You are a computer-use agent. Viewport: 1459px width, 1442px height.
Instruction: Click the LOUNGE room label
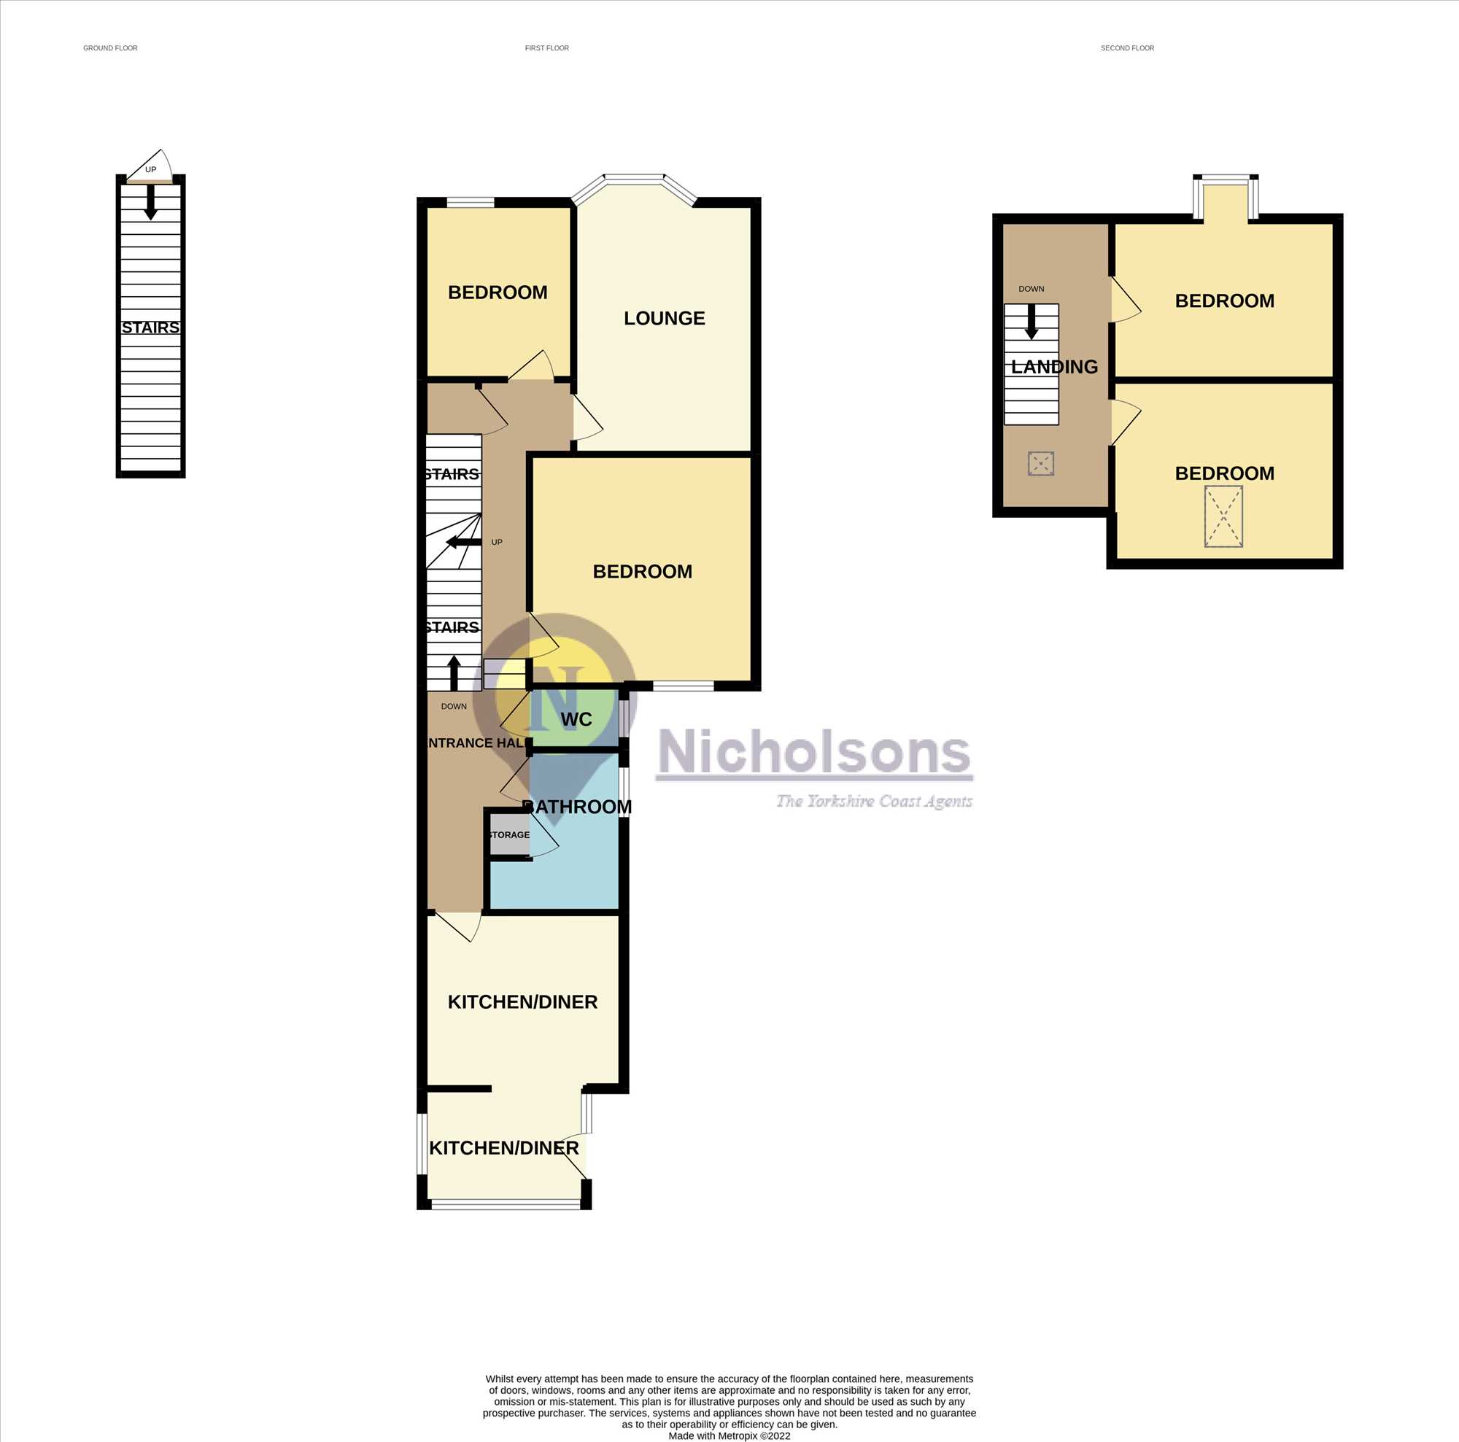664,318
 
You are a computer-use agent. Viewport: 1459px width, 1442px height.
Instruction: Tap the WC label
576,719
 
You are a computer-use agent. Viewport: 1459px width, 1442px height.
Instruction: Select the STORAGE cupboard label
510,834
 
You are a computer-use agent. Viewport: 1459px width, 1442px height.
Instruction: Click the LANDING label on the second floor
1054,367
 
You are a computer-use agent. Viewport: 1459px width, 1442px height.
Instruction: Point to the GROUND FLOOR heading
110,48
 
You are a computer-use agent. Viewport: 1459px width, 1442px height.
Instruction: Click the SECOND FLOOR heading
1127,48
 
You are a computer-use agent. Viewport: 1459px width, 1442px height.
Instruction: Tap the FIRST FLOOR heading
546,48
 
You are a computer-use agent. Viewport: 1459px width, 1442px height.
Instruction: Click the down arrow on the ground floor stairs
151,201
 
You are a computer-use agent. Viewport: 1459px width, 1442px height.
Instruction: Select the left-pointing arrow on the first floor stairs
464,542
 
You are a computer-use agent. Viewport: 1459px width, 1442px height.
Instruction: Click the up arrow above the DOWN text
454,672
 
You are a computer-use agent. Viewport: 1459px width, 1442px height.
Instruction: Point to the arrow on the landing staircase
1032,322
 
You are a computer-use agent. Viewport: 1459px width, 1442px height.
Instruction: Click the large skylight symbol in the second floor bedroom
1223,516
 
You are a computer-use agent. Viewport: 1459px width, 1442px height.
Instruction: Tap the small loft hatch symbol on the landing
1041,464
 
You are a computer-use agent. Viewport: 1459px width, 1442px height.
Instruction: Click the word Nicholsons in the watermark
815,753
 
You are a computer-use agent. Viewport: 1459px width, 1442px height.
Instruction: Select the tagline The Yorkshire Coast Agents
875,801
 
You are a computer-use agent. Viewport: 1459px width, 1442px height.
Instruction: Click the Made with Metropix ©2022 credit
729,1436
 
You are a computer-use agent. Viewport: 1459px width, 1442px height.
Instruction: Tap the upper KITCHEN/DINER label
522,1002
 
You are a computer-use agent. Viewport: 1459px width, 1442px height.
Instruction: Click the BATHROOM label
578,806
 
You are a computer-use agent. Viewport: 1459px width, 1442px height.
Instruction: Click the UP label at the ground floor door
151,170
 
